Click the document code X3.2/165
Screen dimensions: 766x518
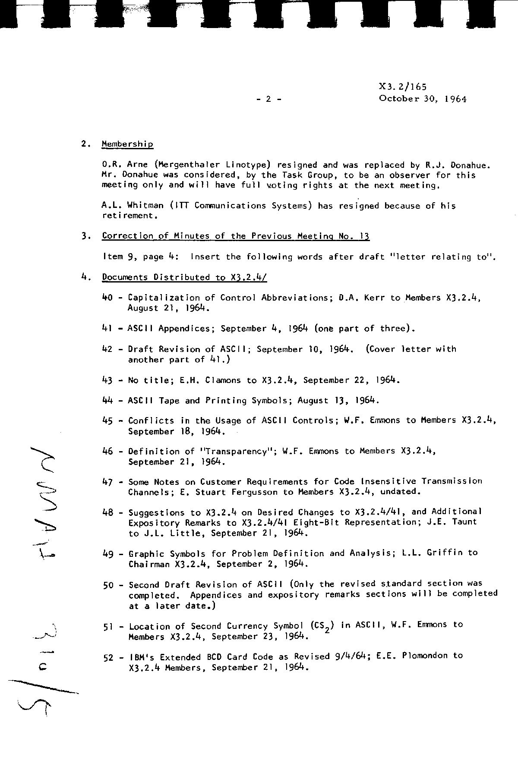(x=402, y=87)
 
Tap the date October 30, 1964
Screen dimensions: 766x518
(x=423, y=99)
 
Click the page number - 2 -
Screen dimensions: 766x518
(x=268, y=99)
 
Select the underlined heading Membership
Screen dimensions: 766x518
(x=127, y=144)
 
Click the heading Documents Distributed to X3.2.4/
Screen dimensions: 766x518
(x=184, y=277)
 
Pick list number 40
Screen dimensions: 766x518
(x=107, y=298)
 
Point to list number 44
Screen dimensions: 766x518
(x=107, y=401)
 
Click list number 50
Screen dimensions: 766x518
(x=108, y=585)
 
